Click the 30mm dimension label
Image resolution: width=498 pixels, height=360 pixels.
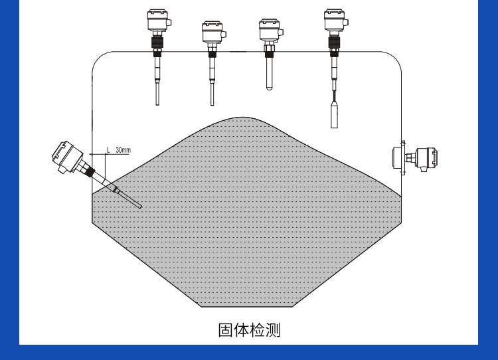123,151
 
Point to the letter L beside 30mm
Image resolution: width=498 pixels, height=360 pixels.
108,151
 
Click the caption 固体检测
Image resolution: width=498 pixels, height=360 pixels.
249,330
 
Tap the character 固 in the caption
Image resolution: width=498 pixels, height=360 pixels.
226,330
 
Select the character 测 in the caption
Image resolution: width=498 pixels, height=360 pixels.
273,330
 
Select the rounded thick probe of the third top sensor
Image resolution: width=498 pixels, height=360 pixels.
270,73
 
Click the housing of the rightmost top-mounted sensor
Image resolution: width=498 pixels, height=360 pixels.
334,20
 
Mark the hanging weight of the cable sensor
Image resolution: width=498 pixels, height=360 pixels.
334,114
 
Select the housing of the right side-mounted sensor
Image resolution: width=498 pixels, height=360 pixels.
425,159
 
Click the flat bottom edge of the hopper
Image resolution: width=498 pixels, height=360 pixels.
247,307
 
